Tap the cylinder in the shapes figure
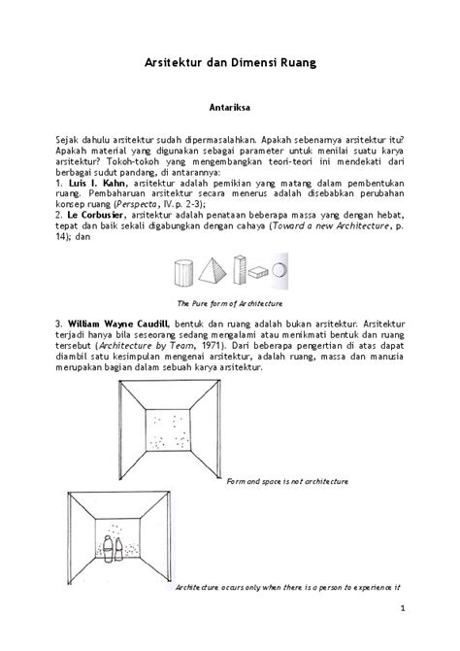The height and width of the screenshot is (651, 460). [181, 275]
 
